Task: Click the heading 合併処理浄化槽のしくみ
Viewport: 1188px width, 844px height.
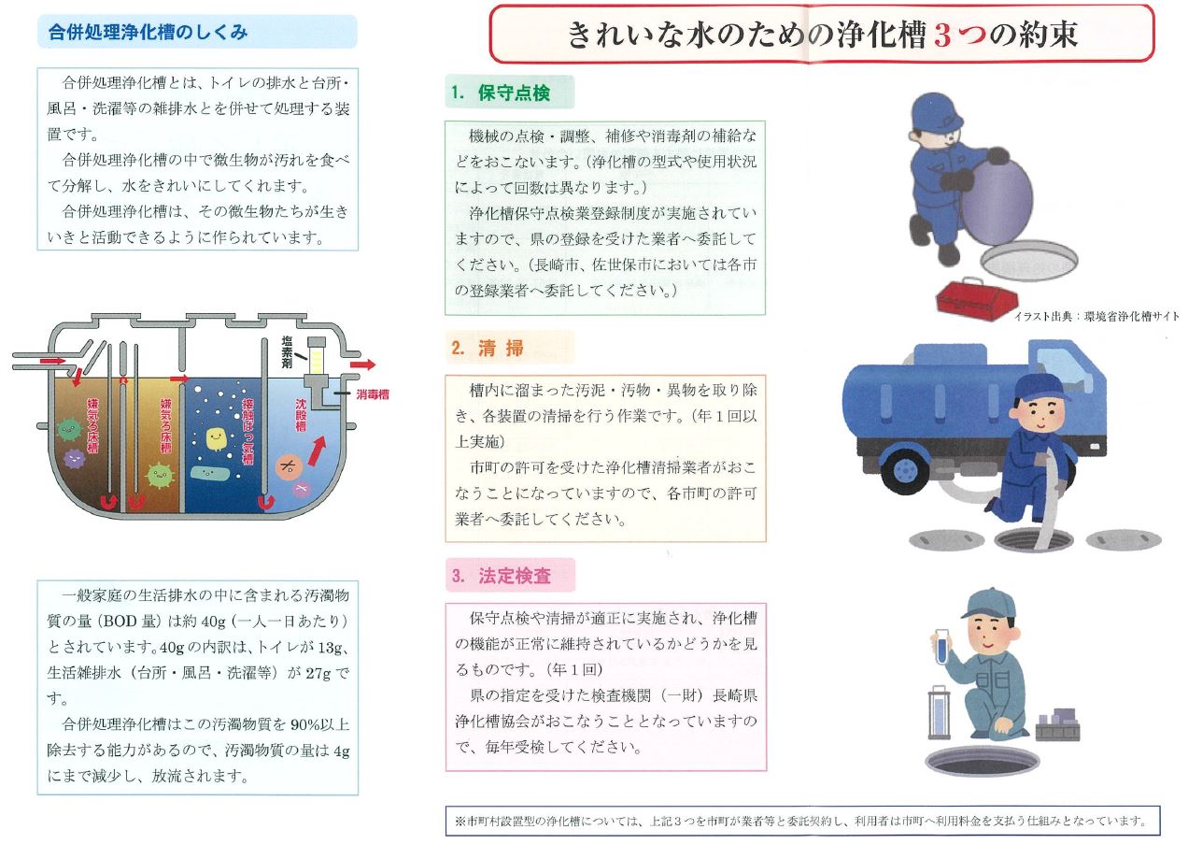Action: pos(148,32)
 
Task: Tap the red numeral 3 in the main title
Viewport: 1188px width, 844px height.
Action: pos(942,36)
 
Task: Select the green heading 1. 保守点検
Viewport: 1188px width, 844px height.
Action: pos(501,93)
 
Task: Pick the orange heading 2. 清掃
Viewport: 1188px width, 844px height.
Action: pos(488,348)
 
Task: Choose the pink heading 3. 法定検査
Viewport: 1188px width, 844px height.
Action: pos(502,576)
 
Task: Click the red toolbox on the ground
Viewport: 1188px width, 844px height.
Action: pos(969,299)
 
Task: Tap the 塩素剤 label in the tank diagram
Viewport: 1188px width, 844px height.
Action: pos(287,352)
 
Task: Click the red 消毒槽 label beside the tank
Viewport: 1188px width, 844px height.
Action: pos(373,393)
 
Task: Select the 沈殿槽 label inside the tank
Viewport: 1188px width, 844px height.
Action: pos(301,415)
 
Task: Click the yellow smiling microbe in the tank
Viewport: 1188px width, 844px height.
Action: pos(216,439)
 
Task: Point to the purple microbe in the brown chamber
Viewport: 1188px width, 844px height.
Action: pos(75,458)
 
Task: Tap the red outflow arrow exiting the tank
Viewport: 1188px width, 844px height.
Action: pos(362,365)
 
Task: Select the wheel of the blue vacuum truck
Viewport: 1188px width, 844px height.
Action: pos(905,471)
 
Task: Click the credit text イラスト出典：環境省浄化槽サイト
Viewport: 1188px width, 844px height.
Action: pos(1096,316)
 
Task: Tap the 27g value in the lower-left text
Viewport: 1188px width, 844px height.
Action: pos(318,673)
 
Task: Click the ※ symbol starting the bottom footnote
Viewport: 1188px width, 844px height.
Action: pos(460,821)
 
